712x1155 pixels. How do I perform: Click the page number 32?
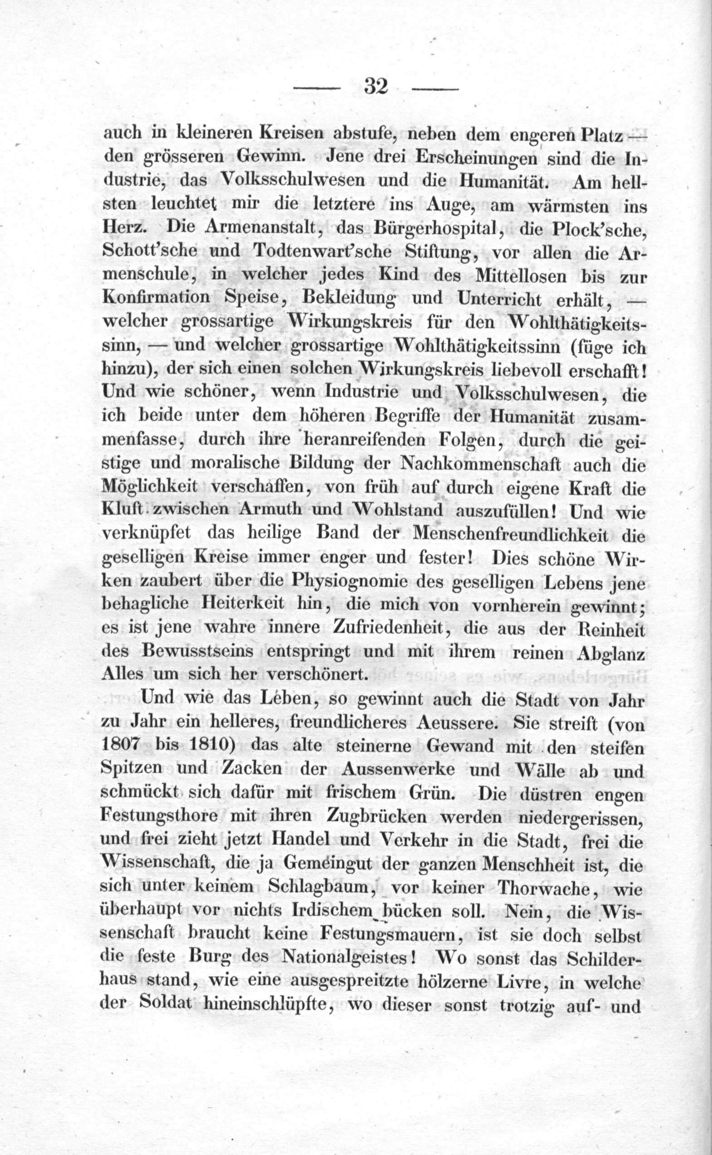click(x=376, y=87)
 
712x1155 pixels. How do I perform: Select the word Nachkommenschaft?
click(x=480, y=464)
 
